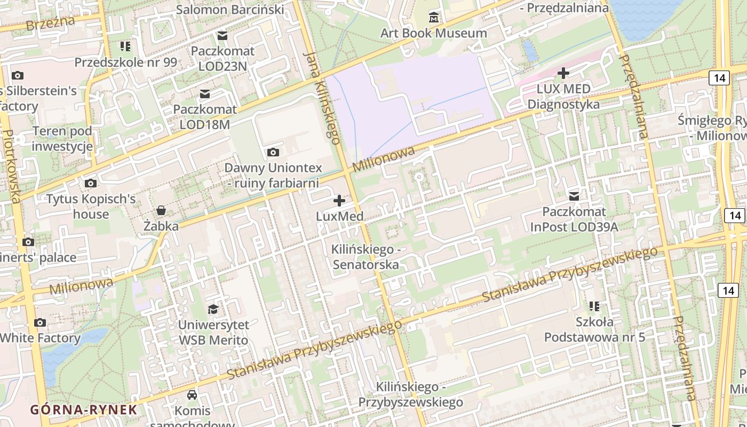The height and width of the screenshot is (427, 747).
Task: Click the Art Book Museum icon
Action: (x=434, y=18)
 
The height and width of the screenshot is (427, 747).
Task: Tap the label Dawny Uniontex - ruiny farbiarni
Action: (x=273, y=176)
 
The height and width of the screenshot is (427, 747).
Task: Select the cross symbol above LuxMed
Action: (x=339, y=201)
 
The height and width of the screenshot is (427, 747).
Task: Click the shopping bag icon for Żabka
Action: (x=161, y=210)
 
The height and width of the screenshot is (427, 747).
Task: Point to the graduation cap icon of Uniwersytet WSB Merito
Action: (x=213, y=309)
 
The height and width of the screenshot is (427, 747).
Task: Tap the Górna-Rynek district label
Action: (x=84, y=410)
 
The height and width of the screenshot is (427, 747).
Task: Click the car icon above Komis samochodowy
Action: (x=192, y=395)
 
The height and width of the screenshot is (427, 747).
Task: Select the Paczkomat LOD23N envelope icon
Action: (x=222, y=36)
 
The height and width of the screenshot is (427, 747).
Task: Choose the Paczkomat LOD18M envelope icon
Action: (x=204, y=94)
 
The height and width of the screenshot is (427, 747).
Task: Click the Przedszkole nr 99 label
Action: (x=125, y=62)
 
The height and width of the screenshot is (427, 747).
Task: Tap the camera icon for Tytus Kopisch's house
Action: (x=91, y=184)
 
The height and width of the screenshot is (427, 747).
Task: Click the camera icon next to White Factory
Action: (x=39, y=322)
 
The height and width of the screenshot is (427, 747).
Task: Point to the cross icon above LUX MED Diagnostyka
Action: (x=563, y=73)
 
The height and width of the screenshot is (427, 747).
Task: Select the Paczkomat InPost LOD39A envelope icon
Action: (x=574, y=196)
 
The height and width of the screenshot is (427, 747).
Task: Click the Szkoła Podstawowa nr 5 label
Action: (x=594, y=329)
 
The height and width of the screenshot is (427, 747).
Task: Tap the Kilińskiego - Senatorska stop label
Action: (x=365, y=257)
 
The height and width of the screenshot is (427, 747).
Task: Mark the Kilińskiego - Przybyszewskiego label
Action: (x=410, y=394)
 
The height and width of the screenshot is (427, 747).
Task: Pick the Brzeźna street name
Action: (x=50, y=23)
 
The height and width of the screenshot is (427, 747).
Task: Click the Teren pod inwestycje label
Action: (x=62, y=139)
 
